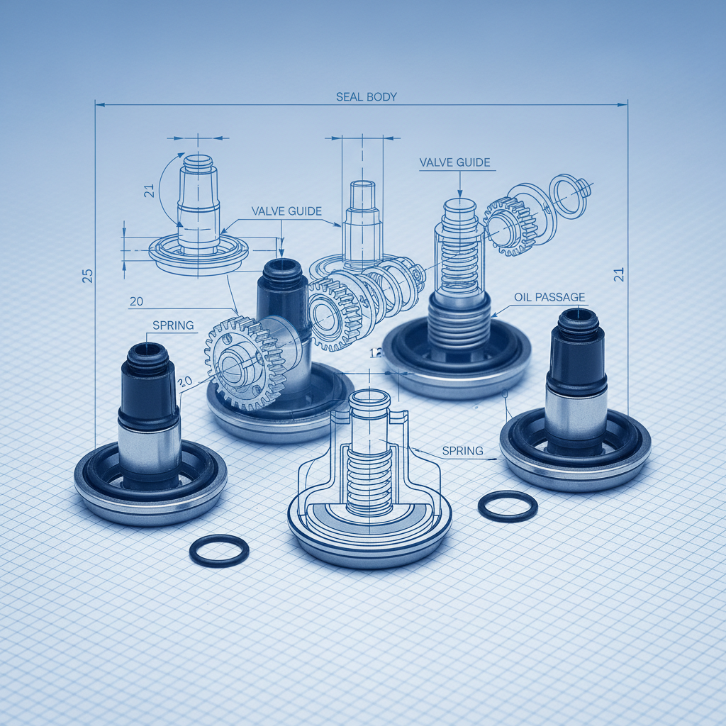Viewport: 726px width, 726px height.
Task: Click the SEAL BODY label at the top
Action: [366, 96]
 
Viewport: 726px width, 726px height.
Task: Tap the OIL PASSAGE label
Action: [550, 297]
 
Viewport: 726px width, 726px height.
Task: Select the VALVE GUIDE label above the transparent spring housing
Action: [454, 162]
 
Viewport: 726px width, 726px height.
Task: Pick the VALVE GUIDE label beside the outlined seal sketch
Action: [286, 211]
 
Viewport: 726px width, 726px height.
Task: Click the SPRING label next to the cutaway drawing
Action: [462, 450]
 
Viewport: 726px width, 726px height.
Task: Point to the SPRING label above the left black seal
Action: [173, 325]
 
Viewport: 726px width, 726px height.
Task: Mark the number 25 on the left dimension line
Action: [87, 276]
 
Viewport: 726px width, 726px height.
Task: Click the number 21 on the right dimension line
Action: [618, 274]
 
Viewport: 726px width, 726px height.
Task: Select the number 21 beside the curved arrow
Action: [149, 190]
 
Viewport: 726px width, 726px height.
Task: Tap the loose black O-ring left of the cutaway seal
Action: [220, 550]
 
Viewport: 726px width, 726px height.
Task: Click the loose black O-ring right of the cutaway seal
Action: [508, 506]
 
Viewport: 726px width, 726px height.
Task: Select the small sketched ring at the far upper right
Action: [569, 196]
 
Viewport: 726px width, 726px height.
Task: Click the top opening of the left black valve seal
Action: [147, 349]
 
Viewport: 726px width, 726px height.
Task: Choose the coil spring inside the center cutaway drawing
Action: [369, 479]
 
